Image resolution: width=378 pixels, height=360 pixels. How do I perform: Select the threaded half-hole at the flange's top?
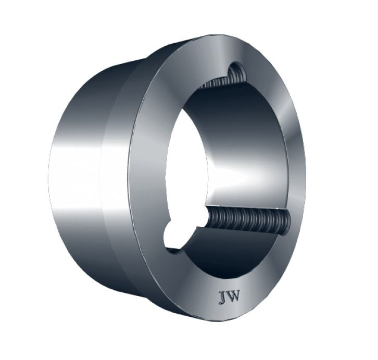(235, 70)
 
